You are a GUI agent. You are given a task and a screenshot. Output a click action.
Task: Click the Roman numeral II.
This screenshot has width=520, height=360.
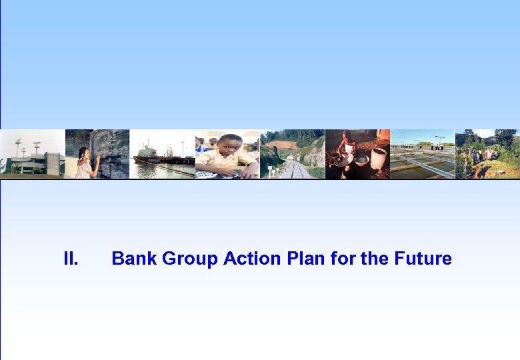click(x=71, y=259)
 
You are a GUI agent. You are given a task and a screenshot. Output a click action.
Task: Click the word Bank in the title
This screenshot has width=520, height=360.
click(x=131, y=259)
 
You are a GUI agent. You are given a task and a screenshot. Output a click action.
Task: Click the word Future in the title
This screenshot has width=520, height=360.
click(x=423, y=259)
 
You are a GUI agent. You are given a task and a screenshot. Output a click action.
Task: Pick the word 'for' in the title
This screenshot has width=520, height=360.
click(x=343, y=259)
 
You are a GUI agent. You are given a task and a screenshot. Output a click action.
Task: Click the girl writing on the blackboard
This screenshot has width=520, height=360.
click(x=85, y=164)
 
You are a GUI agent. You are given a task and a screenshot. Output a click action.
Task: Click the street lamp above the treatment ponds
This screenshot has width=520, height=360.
click(x=439, y=139)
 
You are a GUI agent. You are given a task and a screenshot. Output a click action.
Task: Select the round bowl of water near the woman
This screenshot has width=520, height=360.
click(x=361, y=160)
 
